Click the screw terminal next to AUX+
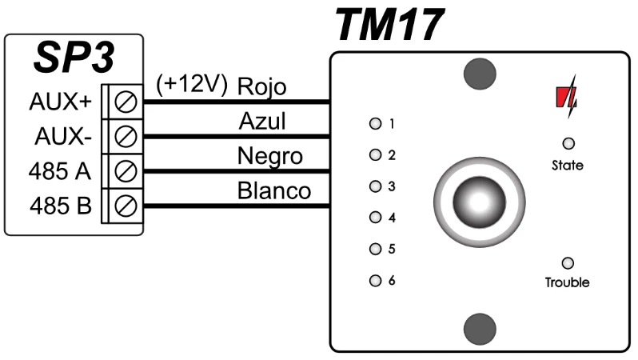(126, 102)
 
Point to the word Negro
(270, 157)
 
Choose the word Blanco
(273, 192)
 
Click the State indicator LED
(568, 144)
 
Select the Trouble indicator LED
(568, 262)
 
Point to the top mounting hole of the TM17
(480, 74)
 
